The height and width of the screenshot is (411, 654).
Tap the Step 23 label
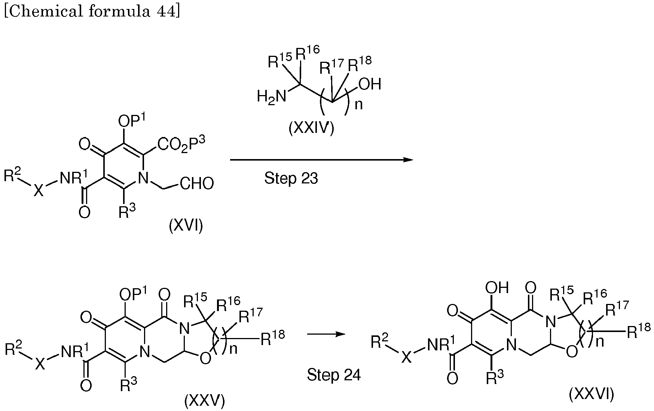(291, 179)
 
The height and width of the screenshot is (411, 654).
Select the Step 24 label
(334, 375)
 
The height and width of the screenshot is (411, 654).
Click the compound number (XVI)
(186, 226)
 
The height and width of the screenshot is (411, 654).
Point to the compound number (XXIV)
(311, 128)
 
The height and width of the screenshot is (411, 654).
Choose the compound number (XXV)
(204, 401)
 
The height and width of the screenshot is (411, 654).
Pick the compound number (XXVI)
(592, 395)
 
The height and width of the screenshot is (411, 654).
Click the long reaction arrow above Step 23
(321, 160)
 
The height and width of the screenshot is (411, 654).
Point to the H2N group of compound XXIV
(271, 97)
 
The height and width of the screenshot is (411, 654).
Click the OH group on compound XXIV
(370, 84)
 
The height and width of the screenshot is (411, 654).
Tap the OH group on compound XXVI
(497, 287)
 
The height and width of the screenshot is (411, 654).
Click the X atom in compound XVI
(39, 191)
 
